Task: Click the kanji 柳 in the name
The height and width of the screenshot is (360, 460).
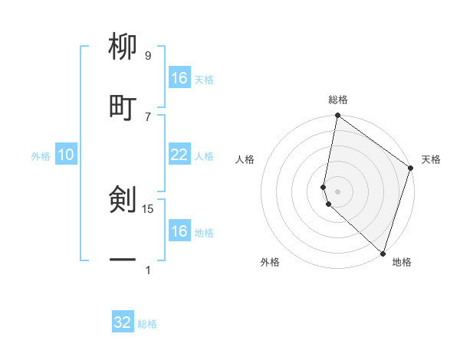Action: (x=123, y=48)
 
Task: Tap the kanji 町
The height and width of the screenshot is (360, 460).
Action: (x=123, y=107)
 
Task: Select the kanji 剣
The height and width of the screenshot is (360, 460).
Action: (x=123, y=201)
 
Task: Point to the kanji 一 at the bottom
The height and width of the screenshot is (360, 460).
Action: (x=123, y=260)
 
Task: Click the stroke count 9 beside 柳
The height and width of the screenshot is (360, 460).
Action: (x=147, y=56)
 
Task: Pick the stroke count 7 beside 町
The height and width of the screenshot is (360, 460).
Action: (x=147, y=116)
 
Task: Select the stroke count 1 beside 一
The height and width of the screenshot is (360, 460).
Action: (x=147, y=269)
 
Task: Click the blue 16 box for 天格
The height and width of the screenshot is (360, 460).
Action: (x=179, y=78)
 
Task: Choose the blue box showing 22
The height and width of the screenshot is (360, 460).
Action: (x=179, y=155)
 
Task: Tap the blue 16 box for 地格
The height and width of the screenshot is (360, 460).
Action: (x=179, y=231)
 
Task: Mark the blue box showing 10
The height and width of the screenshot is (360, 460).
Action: (x=66, y=155)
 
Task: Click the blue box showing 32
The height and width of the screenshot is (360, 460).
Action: (x=123, y=322)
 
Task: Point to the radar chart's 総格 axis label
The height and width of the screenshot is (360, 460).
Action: (x=338, y=100)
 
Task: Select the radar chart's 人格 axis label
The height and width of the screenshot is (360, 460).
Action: (x=245, y=159)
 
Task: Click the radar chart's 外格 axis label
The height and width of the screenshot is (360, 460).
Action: (x=270, y=262)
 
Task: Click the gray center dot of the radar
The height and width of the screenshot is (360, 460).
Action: (x=338, y=191)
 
